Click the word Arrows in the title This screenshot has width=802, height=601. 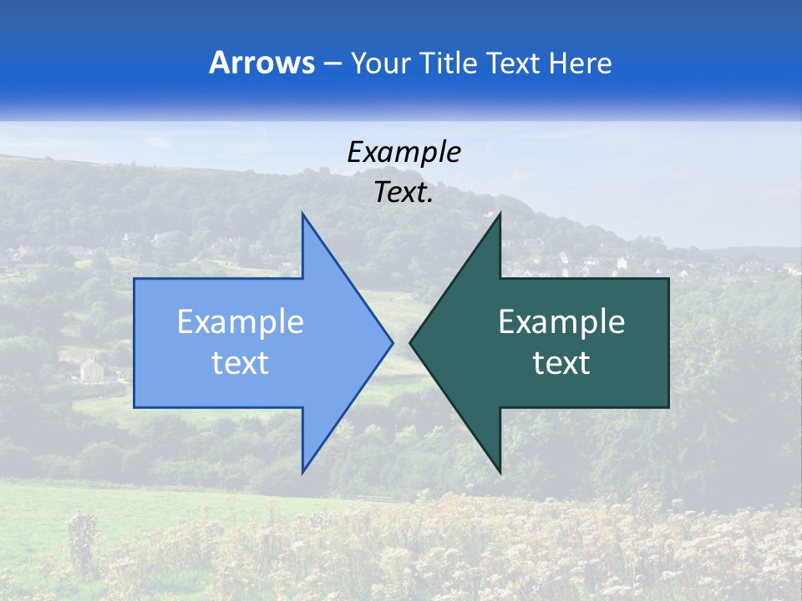click(x=261, y=63)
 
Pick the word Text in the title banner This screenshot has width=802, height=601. click(x=514, y=63)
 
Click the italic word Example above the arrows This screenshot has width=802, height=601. click(x=404, y=152)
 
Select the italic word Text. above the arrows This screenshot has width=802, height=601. click(x=404, y=192)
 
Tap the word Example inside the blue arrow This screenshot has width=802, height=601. click(x=241, y=322)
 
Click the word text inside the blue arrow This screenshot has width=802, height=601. click(x=241, y=362)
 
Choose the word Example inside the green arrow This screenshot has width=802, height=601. click(x=561, y=322)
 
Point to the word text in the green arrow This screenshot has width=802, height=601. click(x=561, y=362)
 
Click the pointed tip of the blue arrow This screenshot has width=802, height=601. click(x=392, y=342)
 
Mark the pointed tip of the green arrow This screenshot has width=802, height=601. click(x=411, y=342)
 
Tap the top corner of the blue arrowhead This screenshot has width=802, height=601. click(x=302, y=214)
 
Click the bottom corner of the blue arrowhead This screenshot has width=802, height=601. click(x=302, y=472)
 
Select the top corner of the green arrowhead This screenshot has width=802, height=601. click(x=500, y=214)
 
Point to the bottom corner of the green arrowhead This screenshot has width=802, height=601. click(x=500, y=472)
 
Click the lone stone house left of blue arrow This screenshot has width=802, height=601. click(x=91, y=369)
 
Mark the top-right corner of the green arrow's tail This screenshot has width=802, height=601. click(x=668, y=279)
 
